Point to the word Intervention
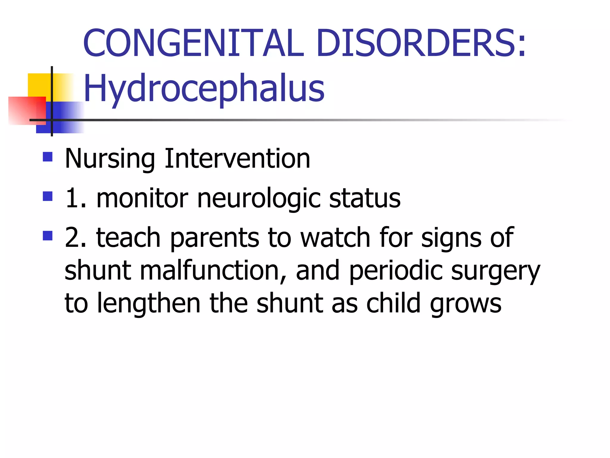pos(237,158)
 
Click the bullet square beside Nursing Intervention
pos(48,157)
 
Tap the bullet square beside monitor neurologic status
pos(48,196)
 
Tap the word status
pos(365,198)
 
